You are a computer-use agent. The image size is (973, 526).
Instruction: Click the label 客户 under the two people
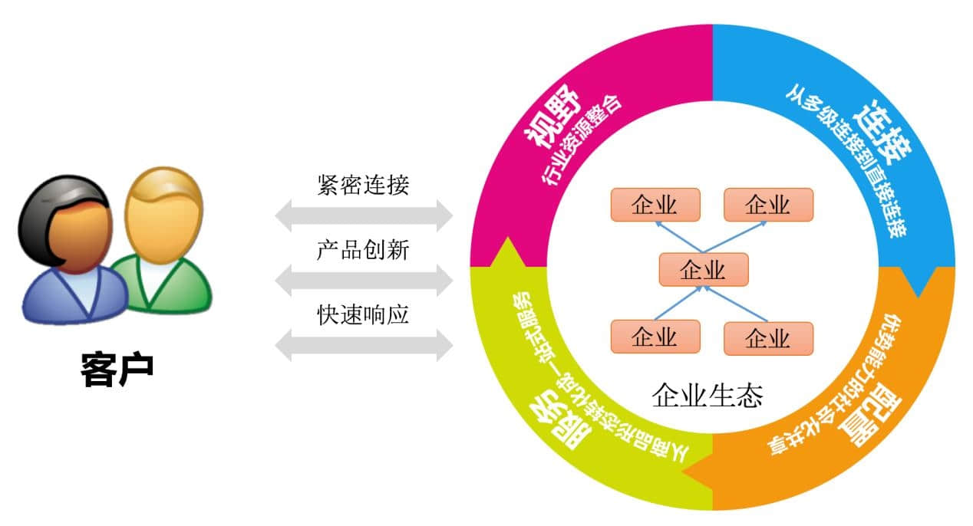[117, 370]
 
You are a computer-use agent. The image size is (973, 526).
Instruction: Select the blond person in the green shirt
[163, 245]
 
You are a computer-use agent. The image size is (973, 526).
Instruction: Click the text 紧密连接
[363, 185]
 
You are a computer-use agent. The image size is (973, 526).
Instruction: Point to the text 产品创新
[363, 250]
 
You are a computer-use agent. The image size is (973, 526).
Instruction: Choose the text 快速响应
[363, 314]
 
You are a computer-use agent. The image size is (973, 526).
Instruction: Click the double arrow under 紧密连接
[364, 215]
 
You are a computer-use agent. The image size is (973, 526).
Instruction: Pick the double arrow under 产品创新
[364, 281]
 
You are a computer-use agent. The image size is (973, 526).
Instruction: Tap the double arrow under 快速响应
[364, 345]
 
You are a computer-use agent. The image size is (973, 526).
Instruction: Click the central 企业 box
[703, 269]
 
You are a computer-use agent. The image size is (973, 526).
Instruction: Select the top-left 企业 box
[655, 205]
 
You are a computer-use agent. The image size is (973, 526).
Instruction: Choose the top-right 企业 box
[767, 205]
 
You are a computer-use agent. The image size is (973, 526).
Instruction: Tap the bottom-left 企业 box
[655, 337]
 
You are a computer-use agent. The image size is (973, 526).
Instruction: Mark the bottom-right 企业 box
[767, 337]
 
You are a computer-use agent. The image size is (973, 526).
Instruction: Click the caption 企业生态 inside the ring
[707, 396]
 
